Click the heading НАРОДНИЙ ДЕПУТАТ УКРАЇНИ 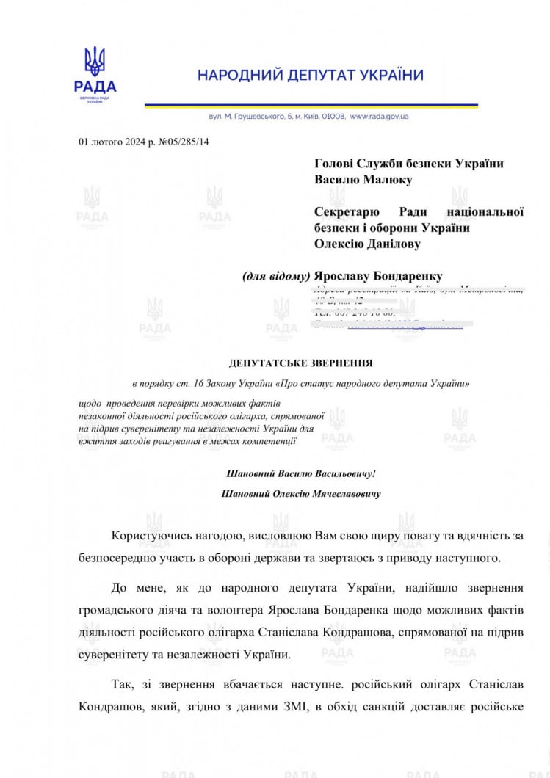(x=310, y=75)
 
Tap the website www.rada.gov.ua (x=380, y=117)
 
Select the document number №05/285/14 (x=181, y=142)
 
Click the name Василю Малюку (x=363, y=180)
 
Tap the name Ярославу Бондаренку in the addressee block (x=378, y=277)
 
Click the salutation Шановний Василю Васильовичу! (x=301, y=475)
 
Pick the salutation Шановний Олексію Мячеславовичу (x=301, y=495)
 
